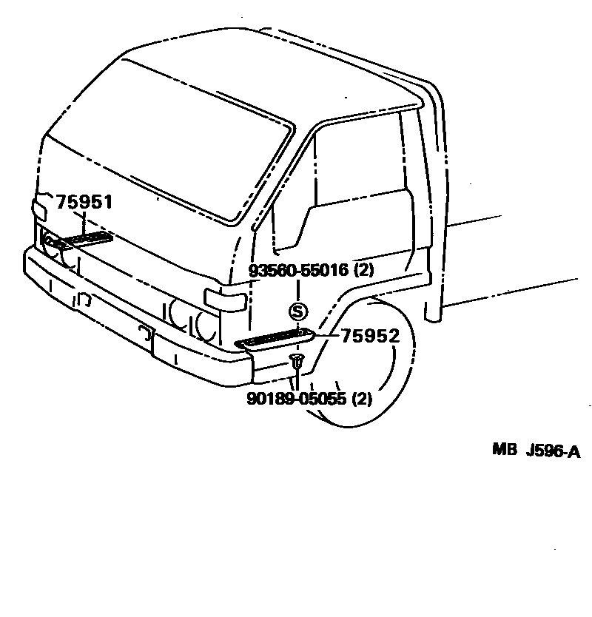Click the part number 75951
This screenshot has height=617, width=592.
(84, 202)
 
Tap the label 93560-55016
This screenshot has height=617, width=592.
(298, 270)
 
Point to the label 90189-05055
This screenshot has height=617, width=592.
(297, 399)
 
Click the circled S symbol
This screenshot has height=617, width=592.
(297, 310)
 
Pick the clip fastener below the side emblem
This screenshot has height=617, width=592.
(296, 362)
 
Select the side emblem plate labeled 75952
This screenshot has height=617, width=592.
(274, 339)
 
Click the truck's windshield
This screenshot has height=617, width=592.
(163, 141)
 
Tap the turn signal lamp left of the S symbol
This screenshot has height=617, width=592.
(226, 300)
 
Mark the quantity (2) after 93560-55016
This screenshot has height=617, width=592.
(364, 270)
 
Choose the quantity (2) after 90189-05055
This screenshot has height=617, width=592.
(361, 399)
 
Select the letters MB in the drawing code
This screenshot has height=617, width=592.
(505, 451)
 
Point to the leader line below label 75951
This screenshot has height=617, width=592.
(83, 222)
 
